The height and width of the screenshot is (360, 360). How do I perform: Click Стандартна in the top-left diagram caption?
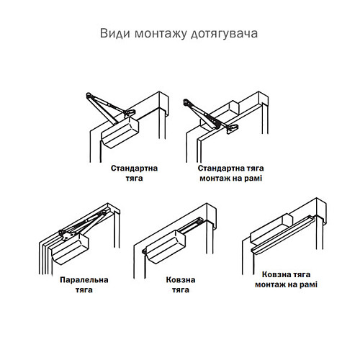click(x=135, y=167)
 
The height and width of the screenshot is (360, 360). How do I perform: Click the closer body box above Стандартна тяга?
click(x=120, y=132)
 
